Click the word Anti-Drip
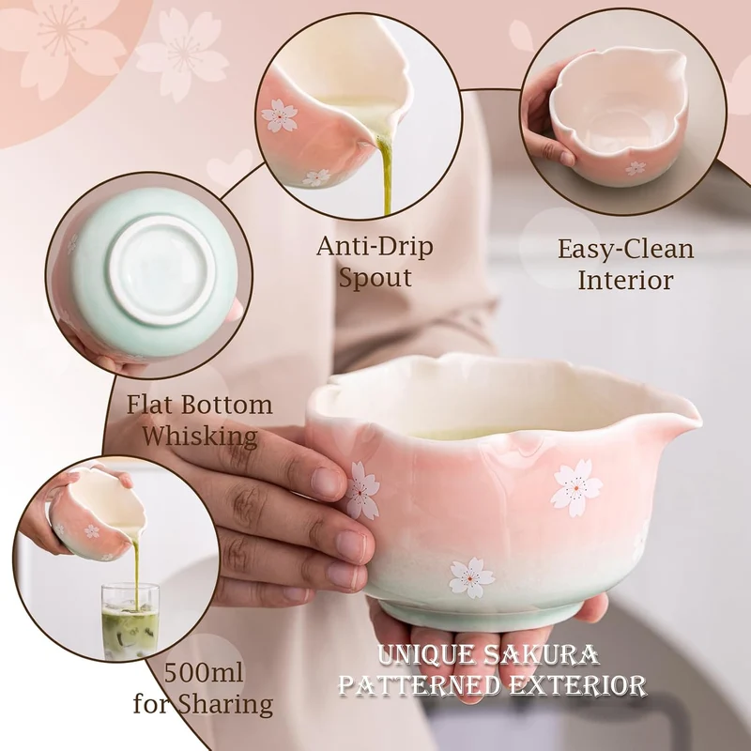[375, 246]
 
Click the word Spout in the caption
[375, 278]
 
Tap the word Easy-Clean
[625, 250]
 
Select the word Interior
[625, 280]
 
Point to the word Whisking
[200, 437]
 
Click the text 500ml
[204, 672]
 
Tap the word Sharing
[225, 705]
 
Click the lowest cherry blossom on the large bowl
[472, 577]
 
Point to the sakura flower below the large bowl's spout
[576, 488]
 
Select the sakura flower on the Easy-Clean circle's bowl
[636, 168]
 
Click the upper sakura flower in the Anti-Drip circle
[280, 115]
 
